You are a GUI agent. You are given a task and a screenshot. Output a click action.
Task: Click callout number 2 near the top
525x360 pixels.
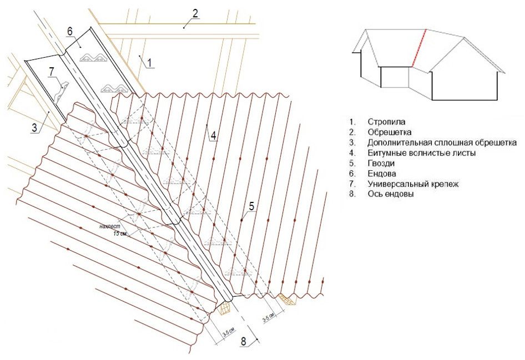195,13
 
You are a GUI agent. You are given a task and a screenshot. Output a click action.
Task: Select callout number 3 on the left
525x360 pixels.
34,128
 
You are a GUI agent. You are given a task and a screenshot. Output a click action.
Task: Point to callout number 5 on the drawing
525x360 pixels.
251,206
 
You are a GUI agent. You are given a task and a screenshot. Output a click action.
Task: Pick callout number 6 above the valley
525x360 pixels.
70,32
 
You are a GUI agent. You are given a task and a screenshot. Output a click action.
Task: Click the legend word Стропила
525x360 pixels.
384,121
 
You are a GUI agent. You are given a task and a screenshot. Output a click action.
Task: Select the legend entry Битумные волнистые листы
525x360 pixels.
422,153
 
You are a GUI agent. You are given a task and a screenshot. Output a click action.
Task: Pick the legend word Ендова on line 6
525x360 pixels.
381,173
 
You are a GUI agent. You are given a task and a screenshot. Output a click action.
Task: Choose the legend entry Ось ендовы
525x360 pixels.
390,194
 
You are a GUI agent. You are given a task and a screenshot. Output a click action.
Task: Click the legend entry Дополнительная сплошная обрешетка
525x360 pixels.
442,143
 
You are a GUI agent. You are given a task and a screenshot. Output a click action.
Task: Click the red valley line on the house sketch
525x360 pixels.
418,49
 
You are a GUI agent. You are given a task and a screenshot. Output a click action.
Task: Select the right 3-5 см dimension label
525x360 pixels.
267,318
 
